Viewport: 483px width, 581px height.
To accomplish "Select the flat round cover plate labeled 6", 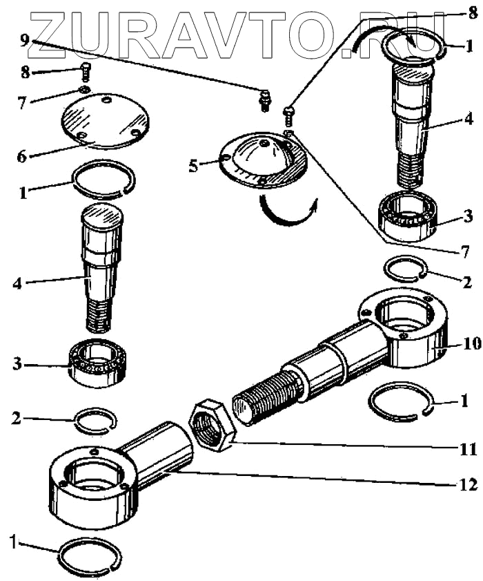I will pos(105,122).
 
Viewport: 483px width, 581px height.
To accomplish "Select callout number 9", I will pos(25,40).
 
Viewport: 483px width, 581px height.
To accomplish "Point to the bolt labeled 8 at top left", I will pos(86,70).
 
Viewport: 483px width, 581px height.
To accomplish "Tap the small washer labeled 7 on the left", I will pos(84,91).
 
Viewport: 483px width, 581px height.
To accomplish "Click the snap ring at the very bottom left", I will pos(90,555).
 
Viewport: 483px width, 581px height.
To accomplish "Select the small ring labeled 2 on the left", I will pos(95,421).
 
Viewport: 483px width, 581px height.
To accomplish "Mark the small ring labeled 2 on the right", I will pos(402,268).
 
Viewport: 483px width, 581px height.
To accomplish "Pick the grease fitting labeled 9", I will pos(264,102).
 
